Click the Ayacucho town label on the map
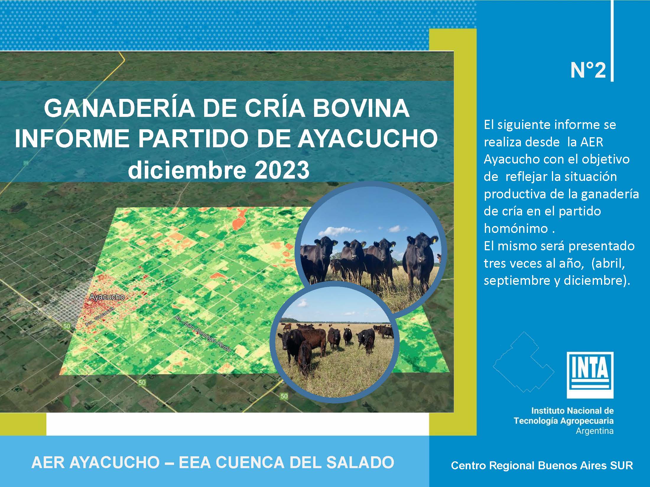click(x=107, y=297)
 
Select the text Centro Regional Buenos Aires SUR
click(x=542, y=465)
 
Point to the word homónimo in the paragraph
click(x=516, y=228)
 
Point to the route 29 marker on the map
click(x=26, y=163)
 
